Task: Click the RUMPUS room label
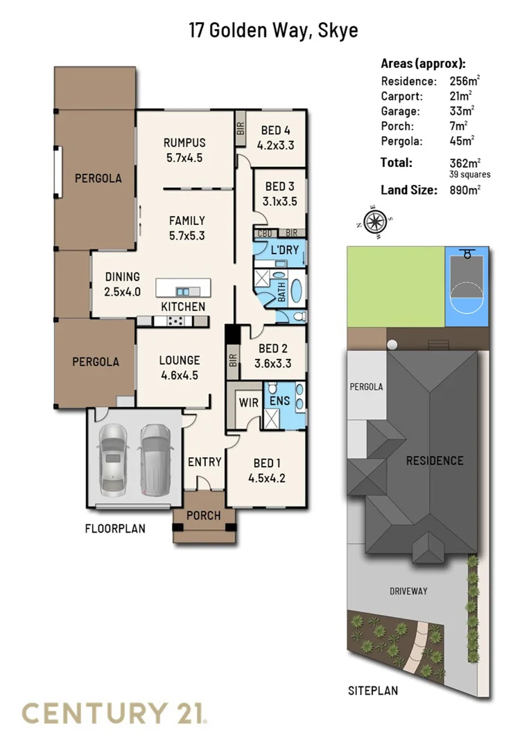(x=184, y=143)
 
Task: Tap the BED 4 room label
(x=276, y=130)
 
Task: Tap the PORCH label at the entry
(x=204, y=515)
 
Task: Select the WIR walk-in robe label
(x=248, y=402)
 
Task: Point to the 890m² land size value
(x=465, y=189)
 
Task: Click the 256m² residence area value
(x=465, y=80)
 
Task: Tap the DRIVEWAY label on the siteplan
(x=408, y=591)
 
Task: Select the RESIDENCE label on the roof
(x=434, y=461)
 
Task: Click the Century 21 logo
(x=115, y=713)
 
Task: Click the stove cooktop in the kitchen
(x=175, y=321)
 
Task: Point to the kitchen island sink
(x=184, y=291)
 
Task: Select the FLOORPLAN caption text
(x=115, y=528)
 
